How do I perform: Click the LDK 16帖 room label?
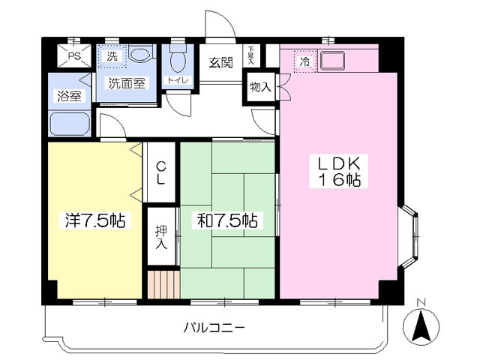pos(337,172)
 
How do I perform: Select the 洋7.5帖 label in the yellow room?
pos(94,221)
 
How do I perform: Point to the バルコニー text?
pos(214,328)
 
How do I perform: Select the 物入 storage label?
pos(260,88)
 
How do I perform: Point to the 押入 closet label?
pos(160,238)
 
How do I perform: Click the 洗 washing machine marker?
pos(112,56)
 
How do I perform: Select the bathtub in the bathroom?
pos(70,123)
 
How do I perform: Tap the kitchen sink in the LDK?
pos(331,60)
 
